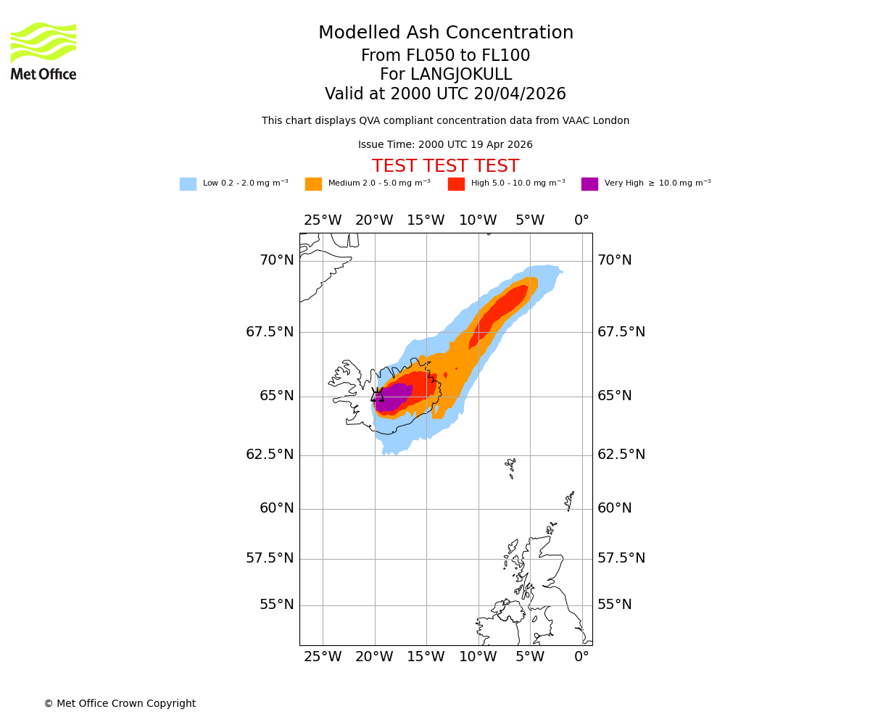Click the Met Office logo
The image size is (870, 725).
43,51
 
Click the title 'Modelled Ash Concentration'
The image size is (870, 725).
445,33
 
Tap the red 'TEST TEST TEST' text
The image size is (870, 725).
445,167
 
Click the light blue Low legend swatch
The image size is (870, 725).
188,184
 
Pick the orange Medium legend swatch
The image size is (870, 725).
313,184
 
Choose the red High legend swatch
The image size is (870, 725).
456,184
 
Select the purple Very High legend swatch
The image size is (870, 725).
589,184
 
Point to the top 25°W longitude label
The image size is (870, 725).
322,220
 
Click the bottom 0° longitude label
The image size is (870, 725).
581,657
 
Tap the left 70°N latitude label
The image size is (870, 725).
277,260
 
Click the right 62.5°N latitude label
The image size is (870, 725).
621,455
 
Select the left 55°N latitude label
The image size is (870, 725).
277,605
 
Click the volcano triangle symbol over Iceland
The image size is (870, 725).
377,395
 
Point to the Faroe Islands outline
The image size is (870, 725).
511,467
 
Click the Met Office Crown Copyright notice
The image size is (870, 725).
120,704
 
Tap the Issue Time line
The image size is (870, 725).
445,145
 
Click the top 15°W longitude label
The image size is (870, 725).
426,220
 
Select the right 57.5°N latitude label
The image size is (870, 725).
621,558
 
